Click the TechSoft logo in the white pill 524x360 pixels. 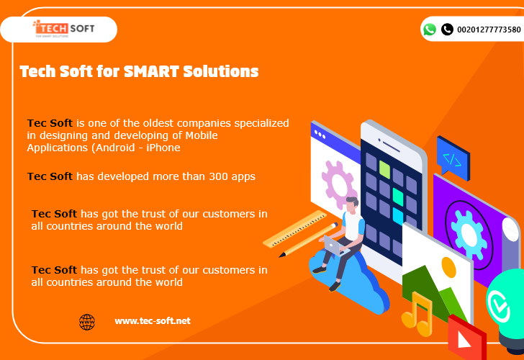[x=63, y=28]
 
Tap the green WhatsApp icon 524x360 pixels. [x=430, y=30]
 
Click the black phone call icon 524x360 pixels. [x=447, y=30]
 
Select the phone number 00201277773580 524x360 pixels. [x=489, y=30]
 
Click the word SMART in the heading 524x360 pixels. [x=151, y=71]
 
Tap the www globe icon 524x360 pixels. [x=87, y=323]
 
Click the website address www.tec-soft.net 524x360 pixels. [x=153, y=321]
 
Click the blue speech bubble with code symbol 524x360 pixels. [x=453, y=157]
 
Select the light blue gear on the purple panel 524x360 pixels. [x=468, y=235]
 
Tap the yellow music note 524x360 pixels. [x=417, y=315]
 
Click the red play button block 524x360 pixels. [x=466, y=338]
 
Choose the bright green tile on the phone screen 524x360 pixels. [x=384, y=169]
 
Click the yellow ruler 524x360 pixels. [x=295, y=229]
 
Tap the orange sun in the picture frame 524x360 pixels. [x=449, y=267]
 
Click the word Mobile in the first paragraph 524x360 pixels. [x=202, y=135]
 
